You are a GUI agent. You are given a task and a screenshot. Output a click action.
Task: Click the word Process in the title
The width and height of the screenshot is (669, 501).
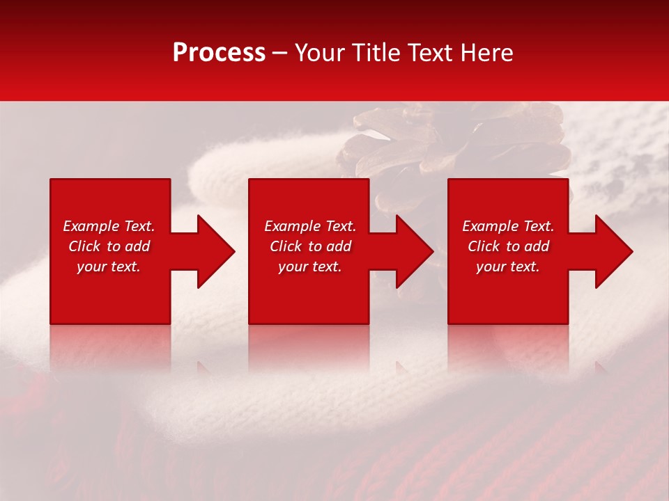pos(219,53)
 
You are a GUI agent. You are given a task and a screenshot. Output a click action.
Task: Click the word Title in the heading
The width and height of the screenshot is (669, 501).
pos(376,53)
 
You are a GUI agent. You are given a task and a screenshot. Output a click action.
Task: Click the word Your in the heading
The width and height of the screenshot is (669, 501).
pos(320,53)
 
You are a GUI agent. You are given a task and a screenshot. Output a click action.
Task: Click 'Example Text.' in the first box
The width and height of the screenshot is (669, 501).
pos(109,226)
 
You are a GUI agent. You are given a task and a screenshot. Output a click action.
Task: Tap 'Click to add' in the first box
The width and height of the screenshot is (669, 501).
pos(109,246)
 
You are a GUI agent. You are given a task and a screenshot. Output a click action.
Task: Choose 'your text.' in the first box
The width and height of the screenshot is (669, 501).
pos(109,267)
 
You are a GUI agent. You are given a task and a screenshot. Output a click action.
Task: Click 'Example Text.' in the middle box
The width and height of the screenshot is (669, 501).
pos(310,226)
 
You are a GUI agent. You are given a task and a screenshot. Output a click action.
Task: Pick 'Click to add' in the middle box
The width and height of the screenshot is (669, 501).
pos(310,246)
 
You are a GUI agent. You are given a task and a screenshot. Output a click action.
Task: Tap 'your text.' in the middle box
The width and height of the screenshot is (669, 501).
pos(310,267)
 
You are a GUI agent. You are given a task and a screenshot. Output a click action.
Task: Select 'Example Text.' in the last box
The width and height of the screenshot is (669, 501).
pos(508,226)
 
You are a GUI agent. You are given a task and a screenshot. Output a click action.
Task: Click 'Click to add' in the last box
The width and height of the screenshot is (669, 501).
pos(508,246)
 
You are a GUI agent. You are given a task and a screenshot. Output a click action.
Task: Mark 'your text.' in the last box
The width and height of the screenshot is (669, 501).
pos(508,267)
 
